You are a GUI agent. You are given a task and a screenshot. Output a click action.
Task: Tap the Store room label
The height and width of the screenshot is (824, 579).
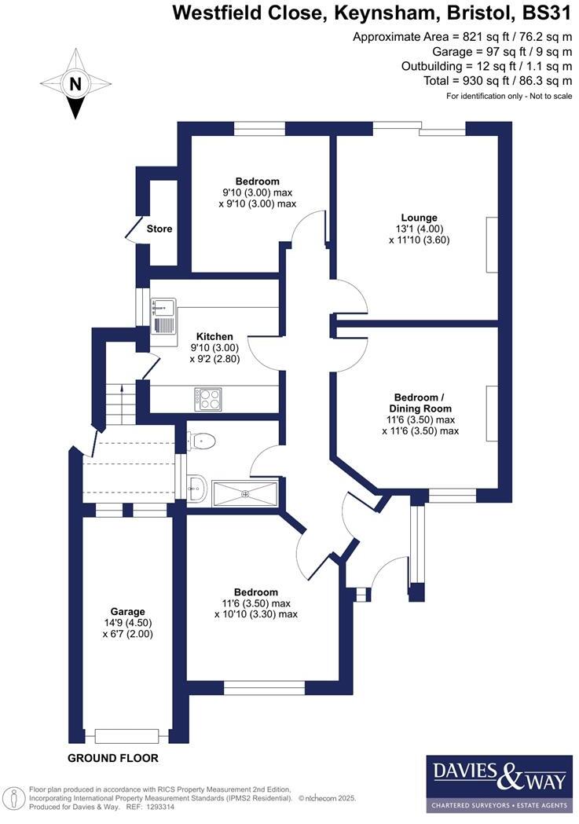pos(159,229)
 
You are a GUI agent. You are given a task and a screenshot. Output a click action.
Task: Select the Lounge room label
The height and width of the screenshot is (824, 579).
pos(418,218)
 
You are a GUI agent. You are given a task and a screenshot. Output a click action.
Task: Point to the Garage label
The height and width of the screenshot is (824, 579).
pos(127,611)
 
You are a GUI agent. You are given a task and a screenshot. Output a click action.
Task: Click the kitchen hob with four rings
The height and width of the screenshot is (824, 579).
pos(208,399)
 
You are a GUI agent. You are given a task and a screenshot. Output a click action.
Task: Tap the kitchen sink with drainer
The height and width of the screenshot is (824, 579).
pos(163,316)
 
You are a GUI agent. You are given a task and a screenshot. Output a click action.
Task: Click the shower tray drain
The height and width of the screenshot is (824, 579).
pos(245,493)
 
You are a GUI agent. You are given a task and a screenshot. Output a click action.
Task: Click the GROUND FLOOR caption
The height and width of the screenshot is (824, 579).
pos(113,758)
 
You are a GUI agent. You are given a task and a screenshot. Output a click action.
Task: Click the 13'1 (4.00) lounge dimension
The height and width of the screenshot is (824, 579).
pos(418,229)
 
